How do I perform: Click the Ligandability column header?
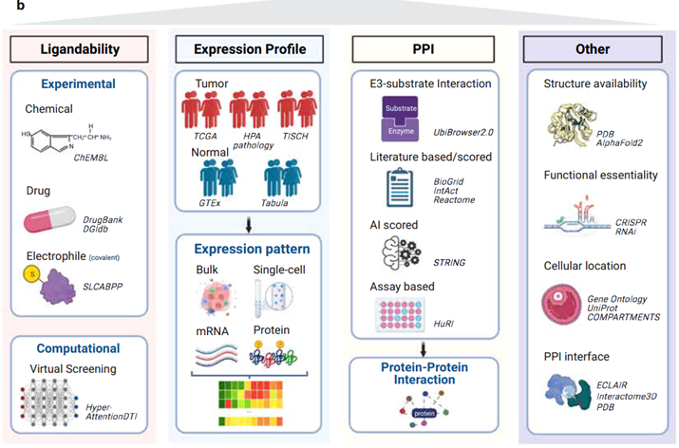tap(80, 49)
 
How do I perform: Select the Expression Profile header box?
tap(247, 49)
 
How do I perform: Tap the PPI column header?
tap(421, 49)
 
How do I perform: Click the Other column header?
tap(594, 49)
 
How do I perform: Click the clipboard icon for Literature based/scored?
tap(393, 186)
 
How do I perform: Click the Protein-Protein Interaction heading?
tap(421, 376)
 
